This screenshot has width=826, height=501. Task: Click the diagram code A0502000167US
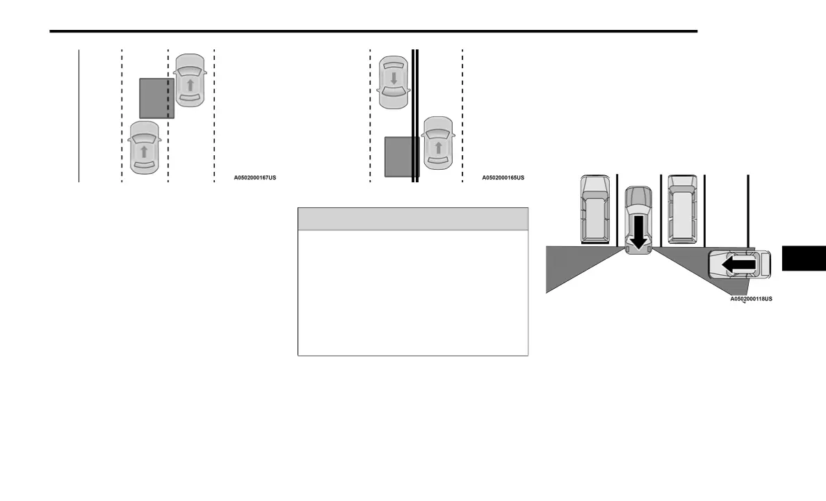click(x=254, y=178)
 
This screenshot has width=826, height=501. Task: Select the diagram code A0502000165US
click(x=503, y=178)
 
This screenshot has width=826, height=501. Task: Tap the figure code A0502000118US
click(x=751, y=299)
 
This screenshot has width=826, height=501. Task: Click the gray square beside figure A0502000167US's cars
click(x=156, y=98)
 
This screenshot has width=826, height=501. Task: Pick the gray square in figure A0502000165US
click(x=401, y=157)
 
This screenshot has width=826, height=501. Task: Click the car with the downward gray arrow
click(x=394, y=82)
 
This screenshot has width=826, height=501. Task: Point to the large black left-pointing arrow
click(x=738, y=265)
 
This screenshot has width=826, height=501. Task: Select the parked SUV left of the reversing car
click(x=595, y=209)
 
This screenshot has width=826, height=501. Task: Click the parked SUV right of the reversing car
click(x=682, y=209)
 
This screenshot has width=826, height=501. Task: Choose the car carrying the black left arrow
click(x=739, y=265)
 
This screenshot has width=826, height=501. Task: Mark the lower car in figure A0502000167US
click(x=144, y=148)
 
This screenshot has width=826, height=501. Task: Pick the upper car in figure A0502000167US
click(x=190, y=80)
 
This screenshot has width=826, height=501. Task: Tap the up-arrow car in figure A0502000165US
click(x=439, y=143)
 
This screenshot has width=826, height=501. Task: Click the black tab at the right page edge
click(x=804, y=258)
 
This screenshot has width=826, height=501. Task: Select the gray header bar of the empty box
click(x=413, y=218)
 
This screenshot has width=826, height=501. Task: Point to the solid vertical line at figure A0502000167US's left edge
click(x=79, y=116)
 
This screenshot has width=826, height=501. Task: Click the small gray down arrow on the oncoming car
click(x=394, y=79)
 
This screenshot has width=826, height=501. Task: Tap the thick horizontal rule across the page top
click(x=373, y=31)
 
